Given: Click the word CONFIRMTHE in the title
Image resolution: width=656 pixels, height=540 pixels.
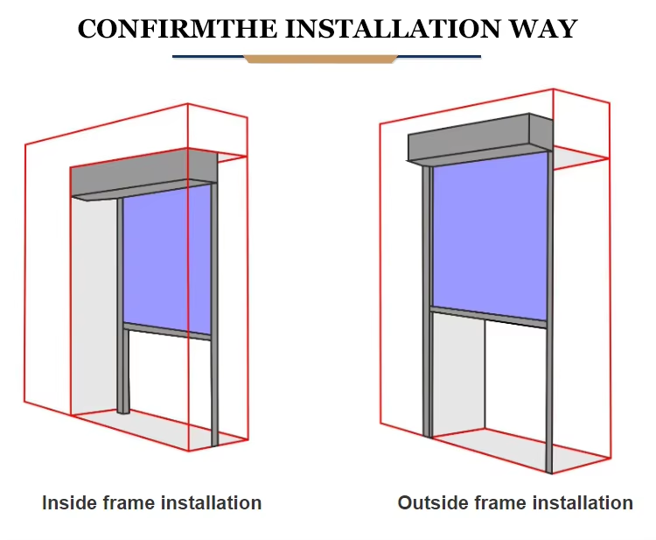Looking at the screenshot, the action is pyautogui.click(x=178, y=29).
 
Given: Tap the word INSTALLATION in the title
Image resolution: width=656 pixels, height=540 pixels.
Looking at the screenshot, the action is pyautogui.click(x=393, y=29).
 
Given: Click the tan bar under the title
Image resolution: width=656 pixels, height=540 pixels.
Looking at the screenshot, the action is pyautogui.click(x=320, y=59).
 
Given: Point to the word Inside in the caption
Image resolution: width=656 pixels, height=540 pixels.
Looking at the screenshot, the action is pyautogui.click(x=69, y=502).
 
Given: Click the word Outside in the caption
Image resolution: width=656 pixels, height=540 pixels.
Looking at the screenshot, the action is pyautogui.click(x=431, y=502).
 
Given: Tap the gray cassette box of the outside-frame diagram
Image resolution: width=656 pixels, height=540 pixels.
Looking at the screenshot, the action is pyautogui.click(x=480, y=138).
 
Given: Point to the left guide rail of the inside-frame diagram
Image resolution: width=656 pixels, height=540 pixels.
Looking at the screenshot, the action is pyautogui.click(x=122, y=305).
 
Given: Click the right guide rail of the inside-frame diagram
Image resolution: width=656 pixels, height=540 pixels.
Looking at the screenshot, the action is pyautogui.click(x=214, y=314).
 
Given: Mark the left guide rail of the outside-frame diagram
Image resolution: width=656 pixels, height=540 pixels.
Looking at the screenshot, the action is pyautogui.click(x=427, y=301).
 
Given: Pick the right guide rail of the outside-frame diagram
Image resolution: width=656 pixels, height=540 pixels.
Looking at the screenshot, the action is pyautogui.click(x=550, y=312).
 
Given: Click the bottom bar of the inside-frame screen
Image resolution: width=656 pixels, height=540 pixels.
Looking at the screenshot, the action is pyautogui.click(x=167, y=331).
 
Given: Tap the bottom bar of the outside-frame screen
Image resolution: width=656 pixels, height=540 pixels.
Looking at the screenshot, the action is pyautogui.click(x=489, y=317).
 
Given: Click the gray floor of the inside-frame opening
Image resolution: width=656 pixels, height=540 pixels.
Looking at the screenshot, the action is pyautogui.click(x=159, y=429).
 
